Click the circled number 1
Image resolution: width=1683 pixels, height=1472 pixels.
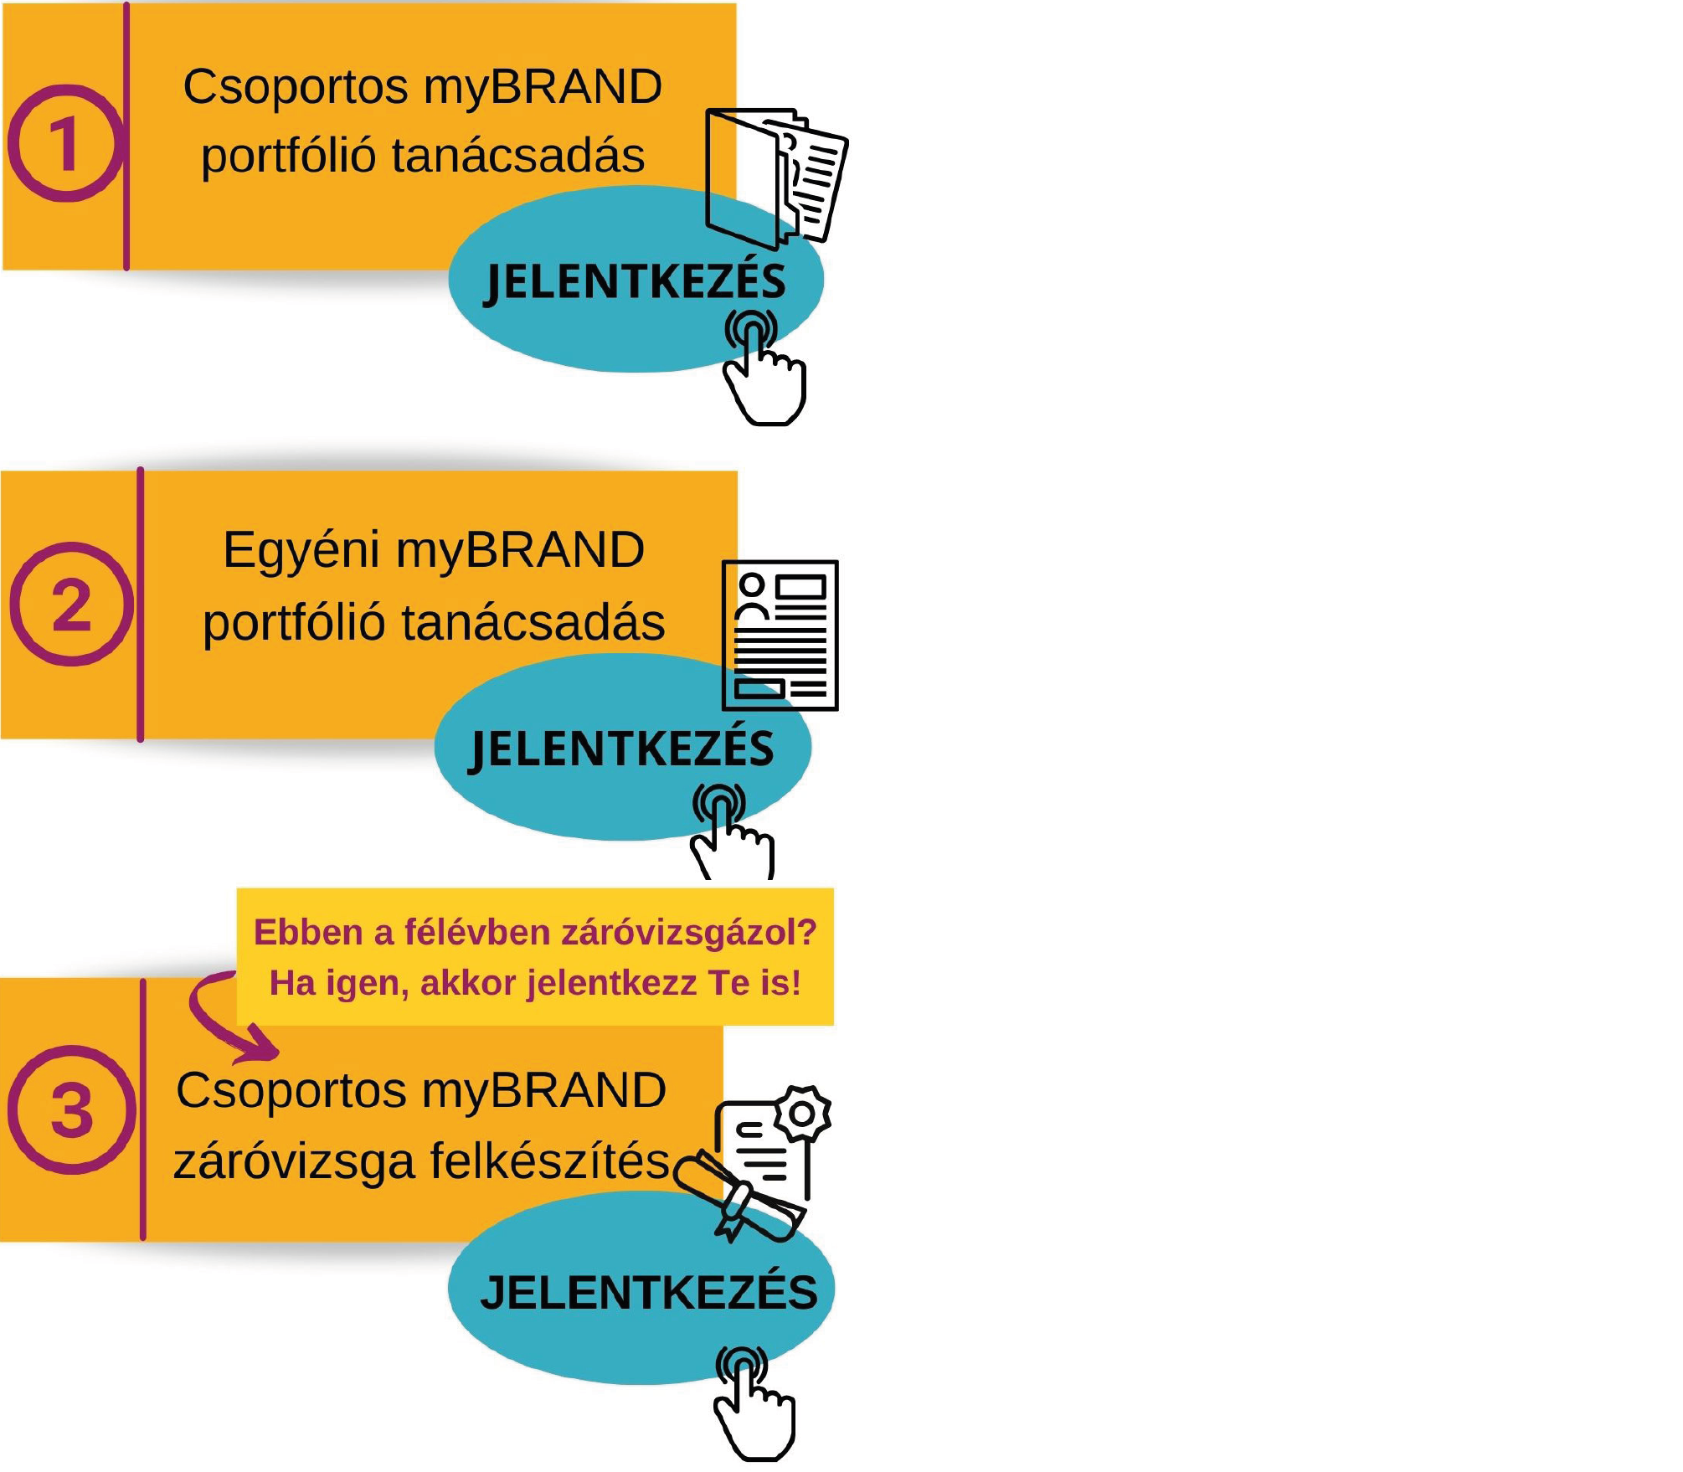coord(65,144)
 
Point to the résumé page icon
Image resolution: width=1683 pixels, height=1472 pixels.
coord(780,636)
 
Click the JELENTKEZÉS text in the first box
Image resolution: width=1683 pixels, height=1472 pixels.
coord(636,282)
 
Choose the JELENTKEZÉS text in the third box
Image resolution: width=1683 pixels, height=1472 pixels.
coord(649,1294)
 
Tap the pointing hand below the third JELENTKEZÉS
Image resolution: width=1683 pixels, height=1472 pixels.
coord(754,1407)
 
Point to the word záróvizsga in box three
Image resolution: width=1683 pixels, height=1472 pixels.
coord(294,1162)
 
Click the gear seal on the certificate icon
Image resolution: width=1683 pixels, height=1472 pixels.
coord(802,1114)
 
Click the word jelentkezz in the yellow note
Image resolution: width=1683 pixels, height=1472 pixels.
coord(611,983)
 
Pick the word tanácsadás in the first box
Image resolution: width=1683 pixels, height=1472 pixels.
coord(518,157)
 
